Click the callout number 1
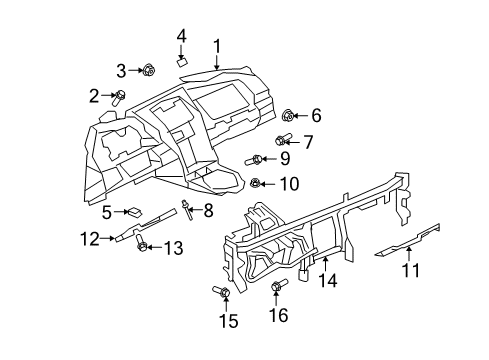pos(216,45)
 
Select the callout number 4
pos(182,36)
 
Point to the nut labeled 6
pos(288,115)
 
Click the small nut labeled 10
pos(256,182)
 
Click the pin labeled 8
pos(187,209)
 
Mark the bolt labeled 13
pos(143,247)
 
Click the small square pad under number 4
pos(182,59)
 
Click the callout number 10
pos(288,183)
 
